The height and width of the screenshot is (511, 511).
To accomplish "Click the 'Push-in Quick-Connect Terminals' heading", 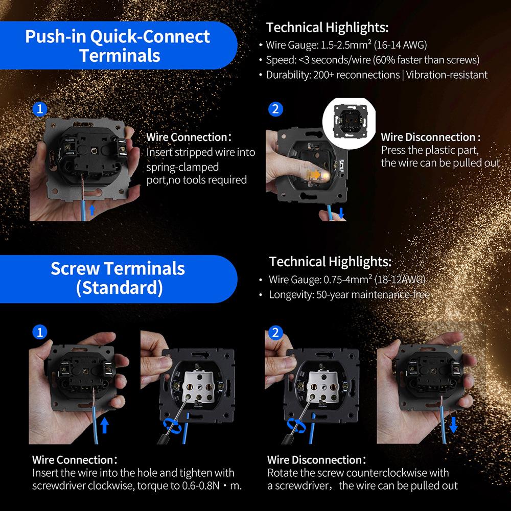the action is (118, 45).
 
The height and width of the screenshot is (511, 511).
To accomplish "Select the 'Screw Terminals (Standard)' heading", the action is (118, 278).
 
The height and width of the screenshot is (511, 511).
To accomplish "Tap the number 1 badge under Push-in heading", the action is (40, 109).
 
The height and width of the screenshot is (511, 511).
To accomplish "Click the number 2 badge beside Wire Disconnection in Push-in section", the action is (275, 109).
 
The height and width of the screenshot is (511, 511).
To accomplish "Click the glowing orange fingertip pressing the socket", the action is (319, 175).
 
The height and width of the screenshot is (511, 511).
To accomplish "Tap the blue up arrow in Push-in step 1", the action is (92, 210).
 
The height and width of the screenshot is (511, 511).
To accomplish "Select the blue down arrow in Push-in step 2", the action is (341, 213).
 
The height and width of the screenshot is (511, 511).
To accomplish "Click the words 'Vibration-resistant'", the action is (447, 75).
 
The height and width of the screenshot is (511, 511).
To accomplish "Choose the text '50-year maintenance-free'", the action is (373, 294).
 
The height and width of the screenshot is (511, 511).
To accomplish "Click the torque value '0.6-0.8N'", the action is (201, 485).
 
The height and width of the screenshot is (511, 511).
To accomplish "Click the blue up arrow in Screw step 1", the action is (104, 425).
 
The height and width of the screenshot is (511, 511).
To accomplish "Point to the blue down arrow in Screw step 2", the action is (453, 425).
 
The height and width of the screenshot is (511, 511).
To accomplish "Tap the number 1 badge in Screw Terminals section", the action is (40, 333).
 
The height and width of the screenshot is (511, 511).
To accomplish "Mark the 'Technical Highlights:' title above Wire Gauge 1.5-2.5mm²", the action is (327, 28).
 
